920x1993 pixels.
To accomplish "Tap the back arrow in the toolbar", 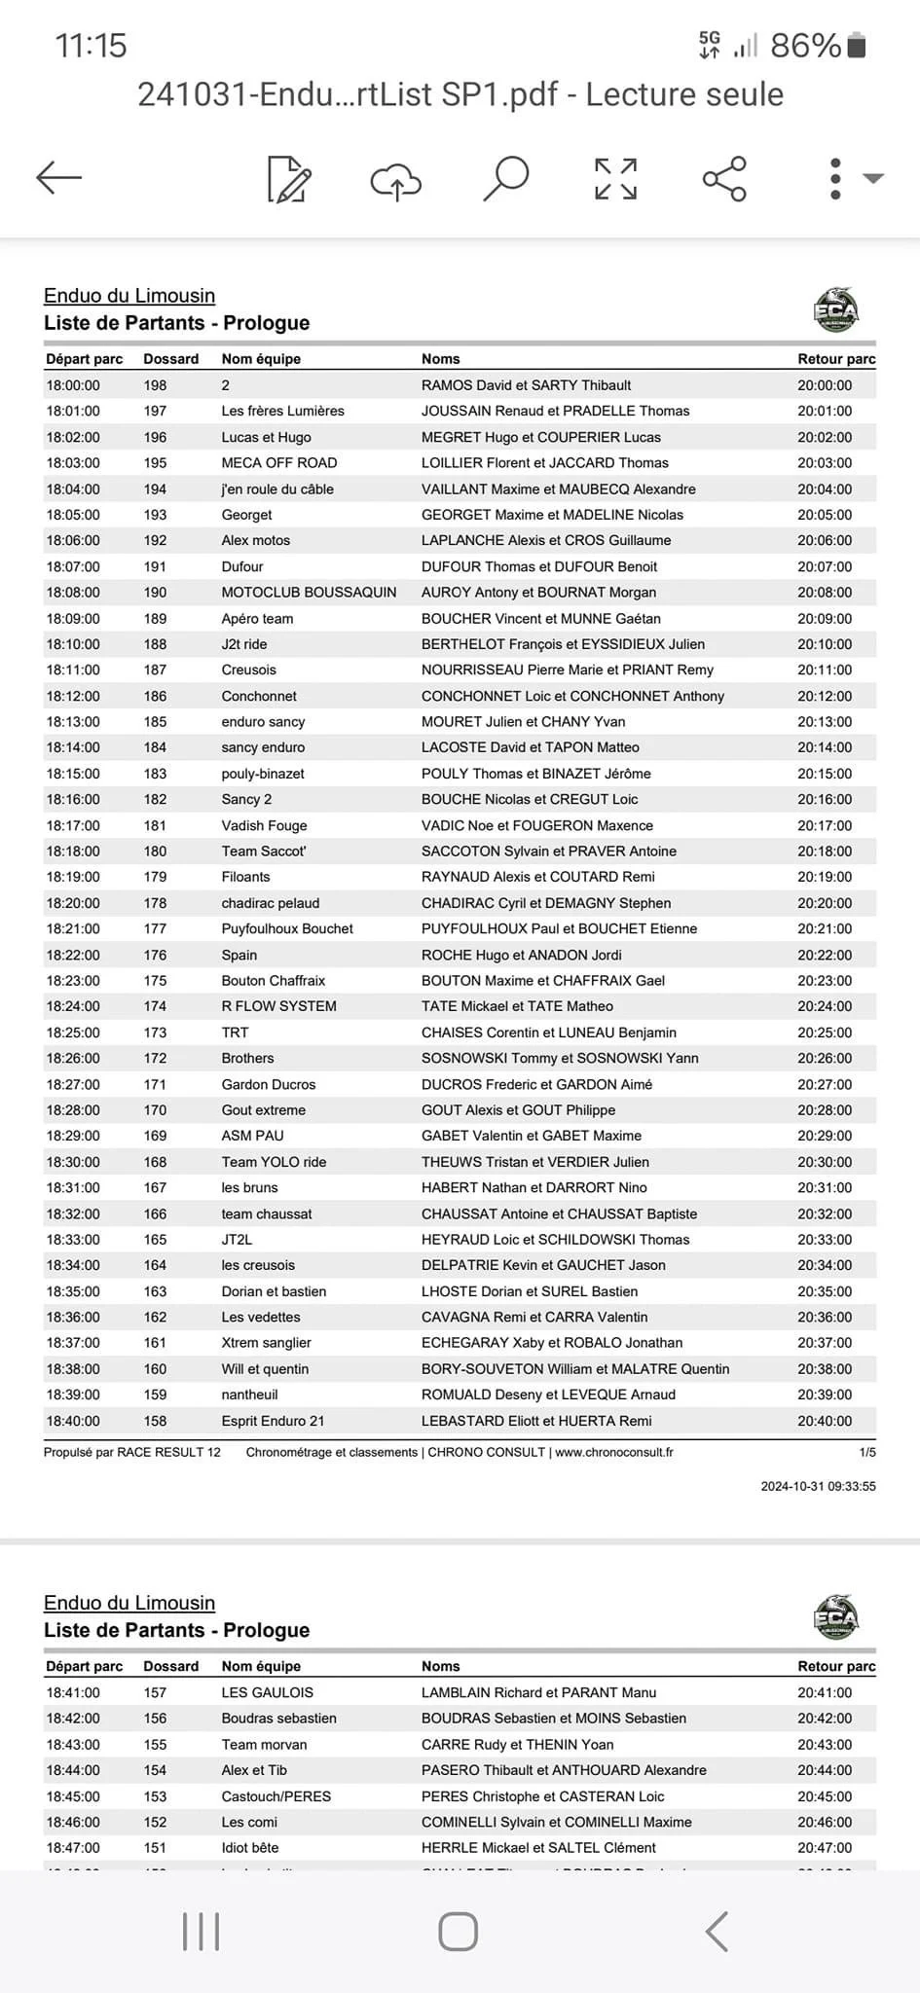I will click(59, 178).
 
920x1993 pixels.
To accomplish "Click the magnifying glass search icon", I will click(506, 178).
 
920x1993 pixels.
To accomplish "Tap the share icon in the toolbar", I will click(724, 178).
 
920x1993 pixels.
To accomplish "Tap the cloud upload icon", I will click(395, 180).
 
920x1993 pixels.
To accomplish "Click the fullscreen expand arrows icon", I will click(616, 178).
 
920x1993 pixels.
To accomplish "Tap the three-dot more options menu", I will click(835, 178).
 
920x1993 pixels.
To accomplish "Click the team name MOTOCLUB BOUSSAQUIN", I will click(309, 592).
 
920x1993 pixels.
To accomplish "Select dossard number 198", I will click(155, 385).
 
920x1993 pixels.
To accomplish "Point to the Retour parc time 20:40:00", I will click(825, 1421).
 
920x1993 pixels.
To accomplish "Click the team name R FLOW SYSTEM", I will click(278, 1006).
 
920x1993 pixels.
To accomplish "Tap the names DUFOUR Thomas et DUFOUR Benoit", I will click(538, 566).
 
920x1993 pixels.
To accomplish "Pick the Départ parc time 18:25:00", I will click(73, 1033).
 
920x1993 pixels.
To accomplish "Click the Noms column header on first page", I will click(440, 359).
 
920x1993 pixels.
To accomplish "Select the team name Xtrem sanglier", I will click(266, 1343).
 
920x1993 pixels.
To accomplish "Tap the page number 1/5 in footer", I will click(866, 1452).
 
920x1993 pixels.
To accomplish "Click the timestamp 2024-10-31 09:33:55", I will click(818, 1486).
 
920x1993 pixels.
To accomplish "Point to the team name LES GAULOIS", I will click(267, 1692).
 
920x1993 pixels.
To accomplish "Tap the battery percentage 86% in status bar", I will click(805, 46).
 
